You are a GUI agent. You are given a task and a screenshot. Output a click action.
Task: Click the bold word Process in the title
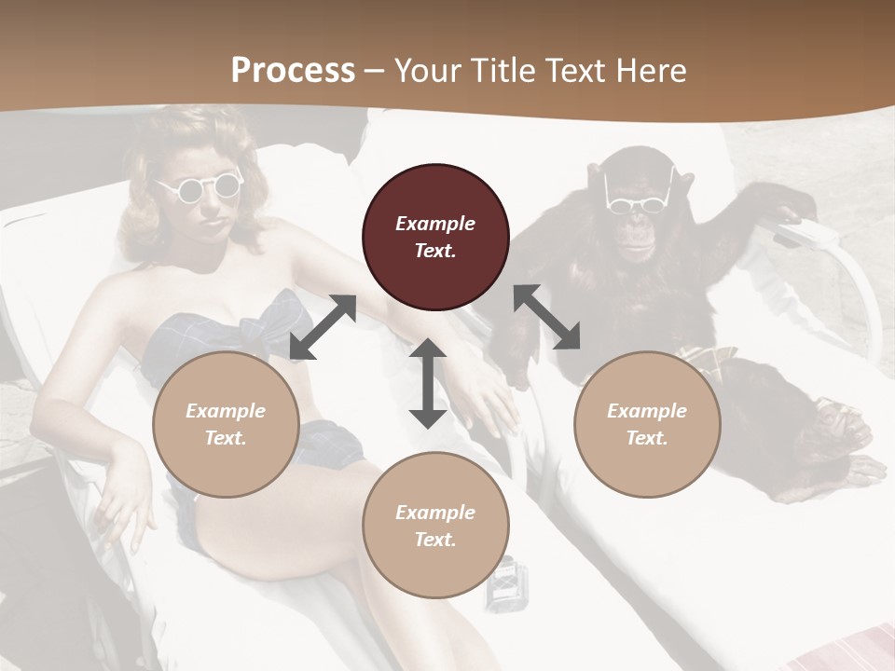293,70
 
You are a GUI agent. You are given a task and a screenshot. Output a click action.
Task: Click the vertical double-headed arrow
428,383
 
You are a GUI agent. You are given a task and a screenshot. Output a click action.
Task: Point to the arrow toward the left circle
323,326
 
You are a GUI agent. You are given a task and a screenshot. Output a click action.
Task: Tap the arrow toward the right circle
547,317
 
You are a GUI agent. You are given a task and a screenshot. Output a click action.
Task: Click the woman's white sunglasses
200,187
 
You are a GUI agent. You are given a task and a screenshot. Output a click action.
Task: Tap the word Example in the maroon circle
435,224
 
